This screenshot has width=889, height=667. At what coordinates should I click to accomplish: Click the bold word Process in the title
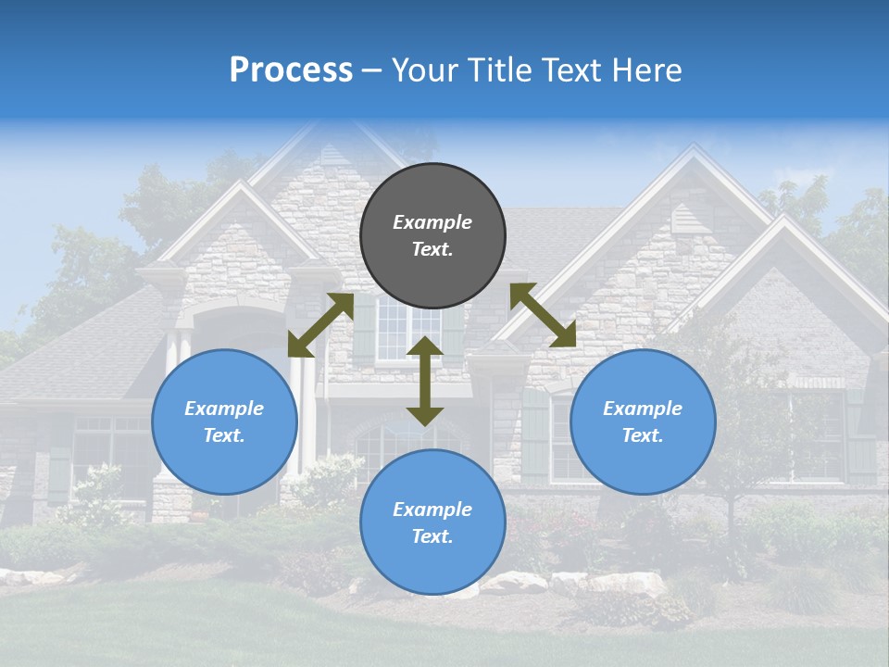coord(291,70)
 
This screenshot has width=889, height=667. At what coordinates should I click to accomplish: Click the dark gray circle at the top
coord(432,236)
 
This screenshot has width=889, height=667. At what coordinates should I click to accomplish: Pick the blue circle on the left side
coord(224,422)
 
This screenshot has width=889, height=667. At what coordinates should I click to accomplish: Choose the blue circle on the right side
coord(643,422)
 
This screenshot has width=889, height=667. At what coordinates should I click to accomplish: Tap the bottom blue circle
coord(432,522)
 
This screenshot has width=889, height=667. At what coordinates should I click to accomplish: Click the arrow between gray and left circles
coord(320,325)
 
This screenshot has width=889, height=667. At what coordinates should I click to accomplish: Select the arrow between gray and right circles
coord(543,315)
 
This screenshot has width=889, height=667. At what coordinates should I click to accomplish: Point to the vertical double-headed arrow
coord(425,381)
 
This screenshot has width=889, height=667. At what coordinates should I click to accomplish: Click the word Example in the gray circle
coord(432,222)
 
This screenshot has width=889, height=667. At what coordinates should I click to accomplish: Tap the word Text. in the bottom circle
coord(432,536)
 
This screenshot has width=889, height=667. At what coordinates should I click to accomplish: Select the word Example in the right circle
coord(643,409)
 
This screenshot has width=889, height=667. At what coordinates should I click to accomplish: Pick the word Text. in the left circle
coord(224,435)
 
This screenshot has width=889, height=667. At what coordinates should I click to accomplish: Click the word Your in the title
coord(420,70)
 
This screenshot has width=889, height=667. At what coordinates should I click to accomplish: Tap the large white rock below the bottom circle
coord(515,583)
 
